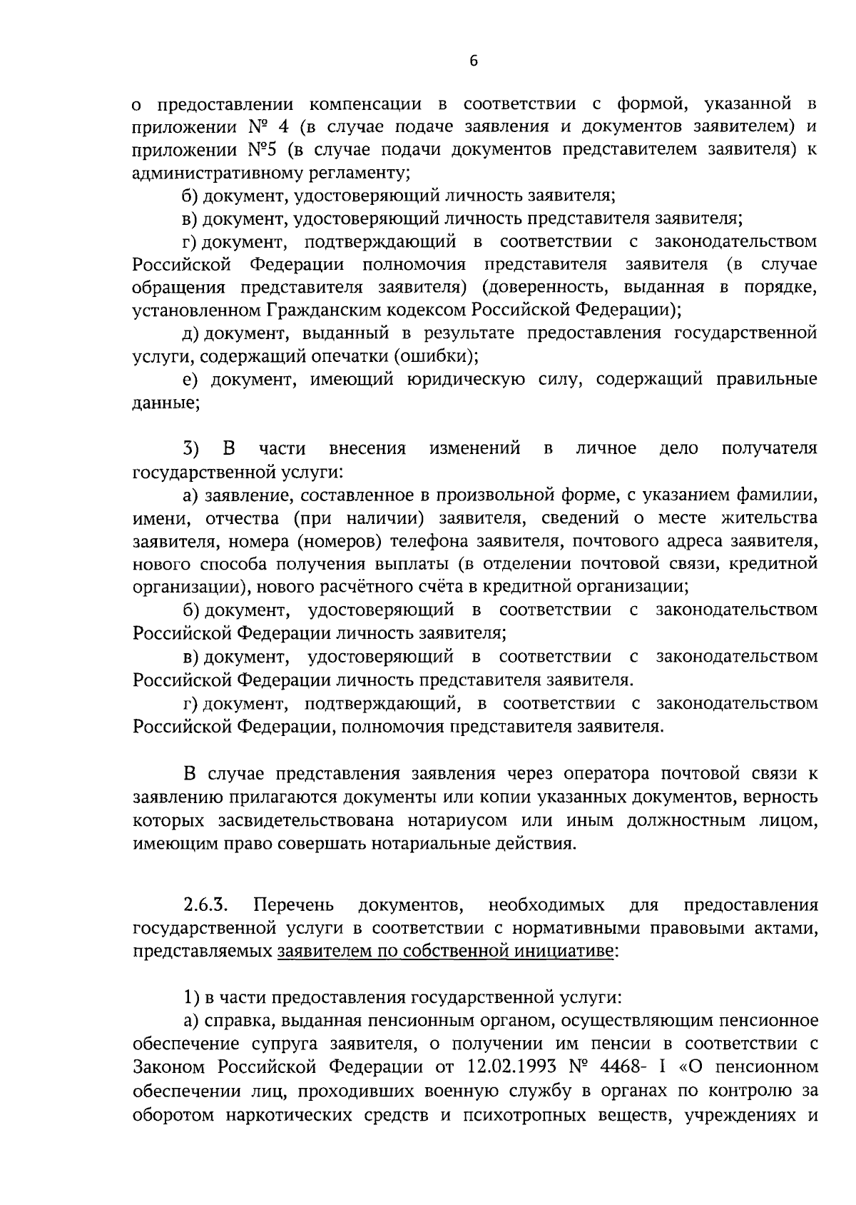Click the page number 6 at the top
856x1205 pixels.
coord(474,61)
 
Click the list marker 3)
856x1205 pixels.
coord(191,449)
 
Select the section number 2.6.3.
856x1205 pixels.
coord(205,906)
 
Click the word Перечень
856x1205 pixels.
coord(293,906)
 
